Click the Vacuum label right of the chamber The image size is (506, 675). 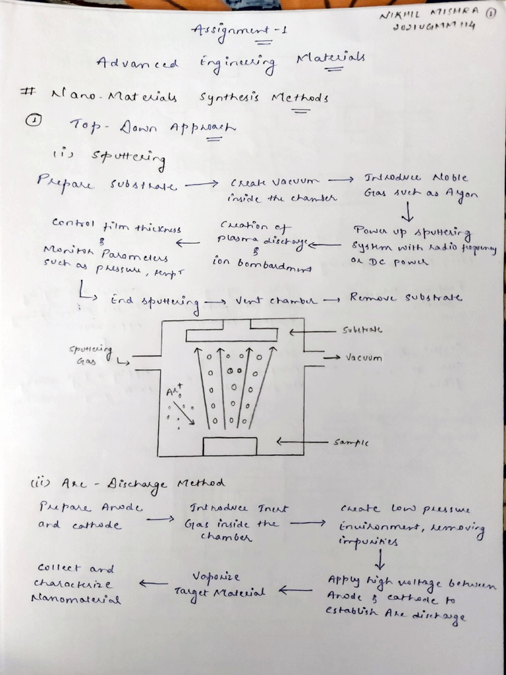pos(364,357)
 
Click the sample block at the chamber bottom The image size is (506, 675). pos(230,446)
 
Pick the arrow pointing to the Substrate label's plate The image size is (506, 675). pos(313,332)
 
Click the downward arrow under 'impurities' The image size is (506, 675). pos(381,560)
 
